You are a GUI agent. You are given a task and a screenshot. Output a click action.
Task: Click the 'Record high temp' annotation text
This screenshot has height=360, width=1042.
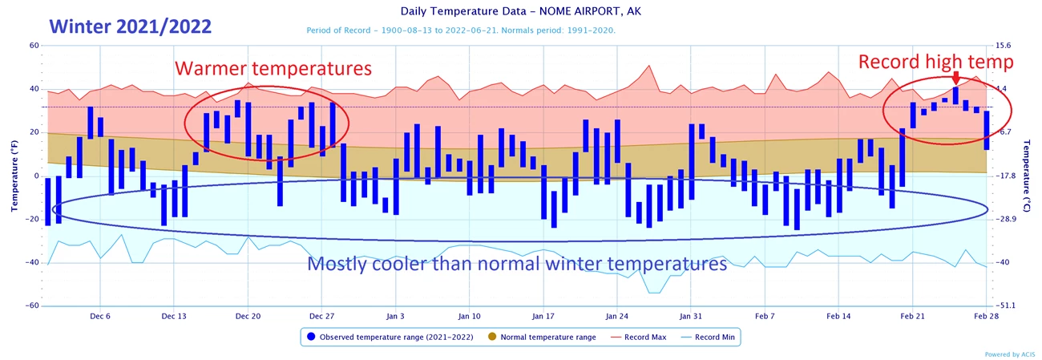pyautogui.click(x=936, y=62)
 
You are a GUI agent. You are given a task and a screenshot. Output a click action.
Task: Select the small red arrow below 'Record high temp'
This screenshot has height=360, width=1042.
pyautogui.click(x=955, y=78)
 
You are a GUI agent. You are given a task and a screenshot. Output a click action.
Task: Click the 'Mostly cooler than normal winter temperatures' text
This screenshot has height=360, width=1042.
pyautogui.click(x=518, y=263)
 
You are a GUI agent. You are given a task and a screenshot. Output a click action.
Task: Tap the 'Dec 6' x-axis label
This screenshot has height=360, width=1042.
pyautogui.click(x=100, y=317)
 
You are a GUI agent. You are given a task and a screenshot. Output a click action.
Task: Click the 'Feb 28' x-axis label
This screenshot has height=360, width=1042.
pyautogui.click(x=986, y=317)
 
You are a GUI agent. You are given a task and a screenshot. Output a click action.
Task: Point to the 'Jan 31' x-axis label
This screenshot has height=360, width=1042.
pyautogui.click(x=690, y=317)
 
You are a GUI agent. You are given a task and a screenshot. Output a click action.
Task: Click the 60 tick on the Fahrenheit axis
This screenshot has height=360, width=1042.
pyautogui.click(x=34, y=46)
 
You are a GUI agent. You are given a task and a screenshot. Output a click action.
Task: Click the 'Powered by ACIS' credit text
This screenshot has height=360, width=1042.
pyautogui.click(x=1009, y=354)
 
